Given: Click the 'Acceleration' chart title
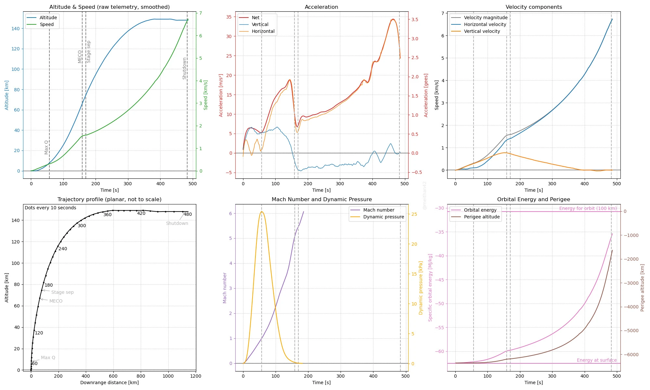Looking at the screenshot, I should [321, 7].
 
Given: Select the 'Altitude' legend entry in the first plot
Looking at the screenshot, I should [48, 18].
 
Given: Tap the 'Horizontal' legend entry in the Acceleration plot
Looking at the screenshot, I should [263, 31].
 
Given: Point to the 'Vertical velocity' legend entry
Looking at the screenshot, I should [482, 31].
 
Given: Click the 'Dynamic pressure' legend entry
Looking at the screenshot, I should [383, 217].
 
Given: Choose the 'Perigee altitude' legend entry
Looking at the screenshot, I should [482, 217].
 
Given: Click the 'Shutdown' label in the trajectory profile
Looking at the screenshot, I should [177, 223].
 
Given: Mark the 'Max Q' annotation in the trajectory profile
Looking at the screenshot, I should [48, 357].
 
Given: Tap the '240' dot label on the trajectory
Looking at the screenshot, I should [63, 249].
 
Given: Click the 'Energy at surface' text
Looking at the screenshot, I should [596, 360].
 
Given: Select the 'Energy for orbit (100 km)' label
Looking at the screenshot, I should [588, 208].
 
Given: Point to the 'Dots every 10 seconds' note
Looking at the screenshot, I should [50, 208].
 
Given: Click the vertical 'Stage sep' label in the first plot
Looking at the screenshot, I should [89, 52].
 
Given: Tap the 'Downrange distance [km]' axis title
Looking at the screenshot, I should [109, 383].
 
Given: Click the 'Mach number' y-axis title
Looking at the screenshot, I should [225, 288].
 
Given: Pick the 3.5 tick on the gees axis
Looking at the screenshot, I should [415, 19].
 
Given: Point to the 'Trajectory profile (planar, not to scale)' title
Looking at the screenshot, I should [109, 200].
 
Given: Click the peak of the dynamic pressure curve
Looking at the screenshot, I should [262, 212].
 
